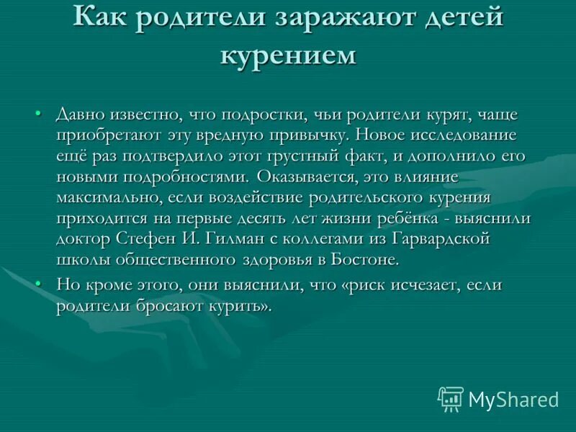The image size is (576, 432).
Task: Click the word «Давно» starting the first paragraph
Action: point(83,115)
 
